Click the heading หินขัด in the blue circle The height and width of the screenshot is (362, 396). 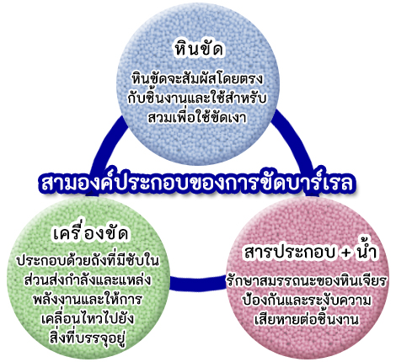pyautogui.click(x=199, y=49)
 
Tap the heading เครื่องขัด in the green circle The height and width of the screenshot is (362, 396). pyautogui.click(x=91, y=232)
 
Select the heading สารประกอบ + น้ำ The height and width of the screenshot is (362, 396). pyautogui.click(x=310, y=251)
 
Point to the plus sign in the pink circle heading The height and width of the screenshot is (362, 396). pyautogui.click(x=346, y=253)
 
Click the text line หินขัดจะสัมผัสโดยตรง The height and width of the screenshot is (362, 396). pyautogui.click(x=197, y=79)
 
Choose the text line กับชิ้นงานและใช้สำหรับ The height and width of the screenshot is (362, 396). pyautogui.click(x=197, y=98)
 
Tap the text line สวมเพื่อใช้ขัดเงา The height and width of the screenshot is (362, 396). pyautogui.click(x=197, y=116)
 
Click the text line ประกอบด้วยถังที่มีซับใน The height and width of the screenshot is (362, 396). pyautogui.click(x=88, y=260)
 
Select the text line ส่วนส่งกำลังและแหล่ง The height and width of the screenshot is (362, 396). pyautogui.click(x=88, y=279)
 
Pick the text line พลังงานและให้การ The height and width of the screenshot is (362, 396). pyautogui.click(x=88, y=299)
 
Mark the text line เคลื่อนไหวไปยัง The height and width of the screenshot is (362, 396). pyautogui.click(x=88, y=318)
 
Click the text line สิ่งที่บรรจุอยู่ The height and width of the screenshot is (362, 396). pyautogui.click(x=88, y=337)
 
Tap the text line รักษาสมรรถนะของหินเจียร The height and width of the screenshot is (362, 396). pyautogui.click(x=307, y=281)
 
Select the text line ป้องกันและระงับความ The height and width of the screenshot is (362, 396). pyautogui.click(x=307, y=301)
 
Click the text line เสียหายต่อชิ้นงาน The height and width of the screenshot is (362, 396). pyautogui.click(x=307, y=319)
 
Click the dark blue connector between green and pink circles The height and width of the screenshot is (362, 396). pyautogui.click(x=198, y=283)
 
